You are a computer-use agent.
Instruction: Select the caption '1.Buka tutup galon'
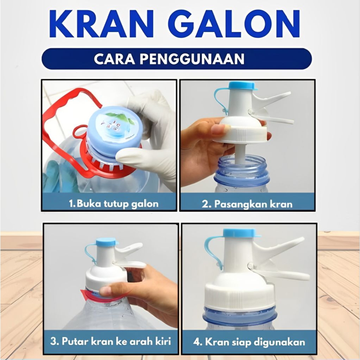coord(113,203)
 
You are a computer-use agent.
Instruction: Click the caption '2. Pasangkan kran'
coord(247,204)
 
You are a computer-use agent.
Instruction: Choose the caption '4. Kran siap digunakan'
coord(249,342)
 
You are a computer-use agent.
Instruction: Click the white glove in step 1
coord(155,141)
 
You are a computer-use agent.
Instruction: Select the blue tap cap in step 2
coord(242,85)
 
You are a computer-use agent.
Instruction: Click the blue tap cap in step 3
coord(106,242)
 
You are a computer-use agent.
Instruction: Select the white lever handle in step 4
coord(281,274)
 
